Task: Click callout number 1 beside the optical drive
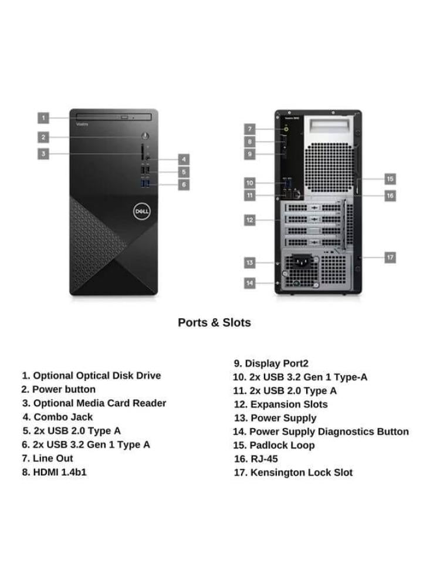(x=43, y=118)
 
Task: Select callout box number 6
(x=184, y=184)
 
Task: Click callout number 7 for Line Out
(x=250, y=129)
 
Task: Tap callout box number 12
(x=250, y=220)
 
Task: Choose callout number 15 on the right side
(x=390, y=178)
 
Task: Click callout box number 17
(x=390, y=257)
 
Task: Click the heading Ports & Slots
(x=214, y=322)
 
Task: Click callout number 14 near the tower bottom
(x=250, y=283)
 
